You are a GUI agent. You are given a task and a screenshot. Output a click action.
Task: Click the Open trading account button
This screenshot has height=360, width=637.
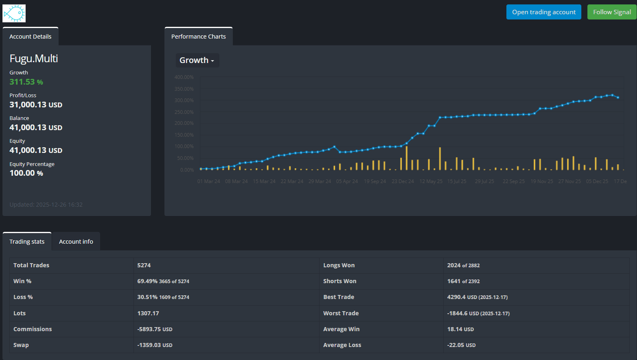544,12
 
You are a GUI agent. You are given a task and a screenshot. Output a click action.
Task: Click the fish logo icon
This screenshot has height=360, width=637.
14,13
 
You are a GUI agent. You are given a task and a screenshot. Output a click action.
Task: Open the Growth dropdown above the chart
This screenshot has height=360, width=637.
197,60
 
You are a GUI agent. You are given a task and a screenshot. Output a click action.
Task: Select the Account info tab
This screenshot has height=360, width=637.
76,242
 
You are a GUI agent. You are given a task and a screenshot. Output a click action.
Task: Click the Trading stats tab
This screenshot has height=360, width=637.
27,242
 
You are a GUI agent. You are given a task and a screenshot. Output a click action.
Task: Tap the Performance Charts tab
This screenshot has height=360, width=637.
198,37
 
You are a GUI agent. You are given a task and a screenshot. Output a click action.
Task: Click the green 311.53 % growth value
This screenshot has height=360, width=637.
26,82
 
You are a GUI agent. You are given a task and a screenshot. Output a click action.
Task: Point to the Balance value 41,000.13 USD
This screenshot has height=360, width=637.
36,127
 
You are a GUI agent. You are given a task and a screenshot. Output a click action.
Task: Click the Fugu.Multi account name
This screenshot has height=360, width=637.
34,59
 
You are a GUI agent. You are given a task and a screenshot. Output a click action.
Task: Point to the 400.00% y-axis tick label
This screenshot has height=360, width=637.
184,77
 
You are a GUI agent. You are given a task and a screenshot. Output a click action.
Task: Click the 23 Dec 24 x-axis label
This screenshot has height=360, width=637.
403,181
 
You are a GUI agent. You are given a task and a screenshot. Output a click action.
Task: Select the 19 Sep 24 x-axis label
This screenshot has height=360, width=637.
375,181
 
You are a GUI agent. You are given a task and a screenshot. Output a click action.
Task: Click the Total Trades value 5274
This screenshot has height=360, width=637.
144,265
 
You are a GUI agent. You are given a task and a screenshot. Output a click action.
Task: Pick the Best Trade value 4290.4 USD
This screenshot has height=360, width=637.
477,297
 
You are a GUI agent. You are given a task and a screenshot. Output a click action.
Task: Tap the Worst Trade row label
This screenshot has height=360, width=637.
341,313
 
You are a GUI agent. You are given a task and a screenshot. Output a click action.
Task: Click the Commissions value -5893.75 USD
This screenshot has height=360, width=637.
155,329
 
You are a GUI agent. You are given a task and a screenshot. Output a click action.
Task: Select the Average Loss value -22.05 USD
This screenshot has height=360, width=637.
461,345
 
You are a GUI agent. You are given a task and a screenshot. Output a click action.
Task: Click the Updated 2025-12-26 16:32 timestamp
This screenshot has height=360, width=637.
46,205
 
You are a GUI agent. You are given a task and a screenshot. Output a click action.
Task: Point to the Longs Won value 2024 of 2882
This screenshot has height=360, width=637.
463,265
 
